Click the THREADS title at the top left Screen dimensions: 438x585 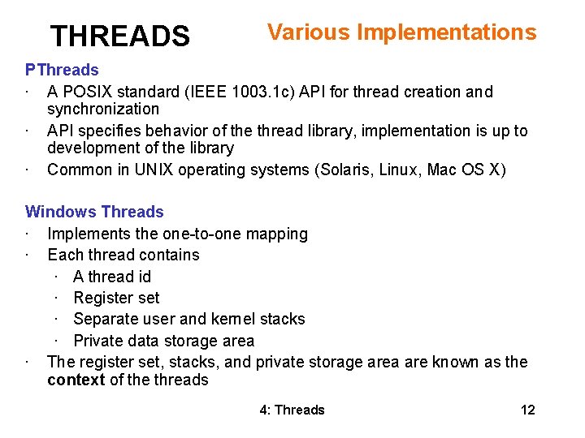(119, 36)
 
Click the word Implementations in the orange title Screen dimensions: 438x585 (447, 32)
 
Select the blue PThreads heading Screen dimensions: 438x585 (62, 71)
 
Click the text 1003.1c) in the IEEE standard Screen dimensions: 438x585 (265, 92)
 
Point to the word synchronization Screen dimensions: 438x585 (103, 109)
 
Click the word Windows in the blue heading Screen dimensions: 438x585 (57, 212)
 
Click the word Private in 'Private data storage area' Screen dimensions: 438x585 (98, 341)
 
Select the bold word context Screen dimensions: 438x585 (76, 380)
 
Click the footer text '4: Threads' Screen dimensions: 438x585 (292, 410)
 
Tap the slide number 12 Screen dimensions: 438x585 (527, 410)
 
